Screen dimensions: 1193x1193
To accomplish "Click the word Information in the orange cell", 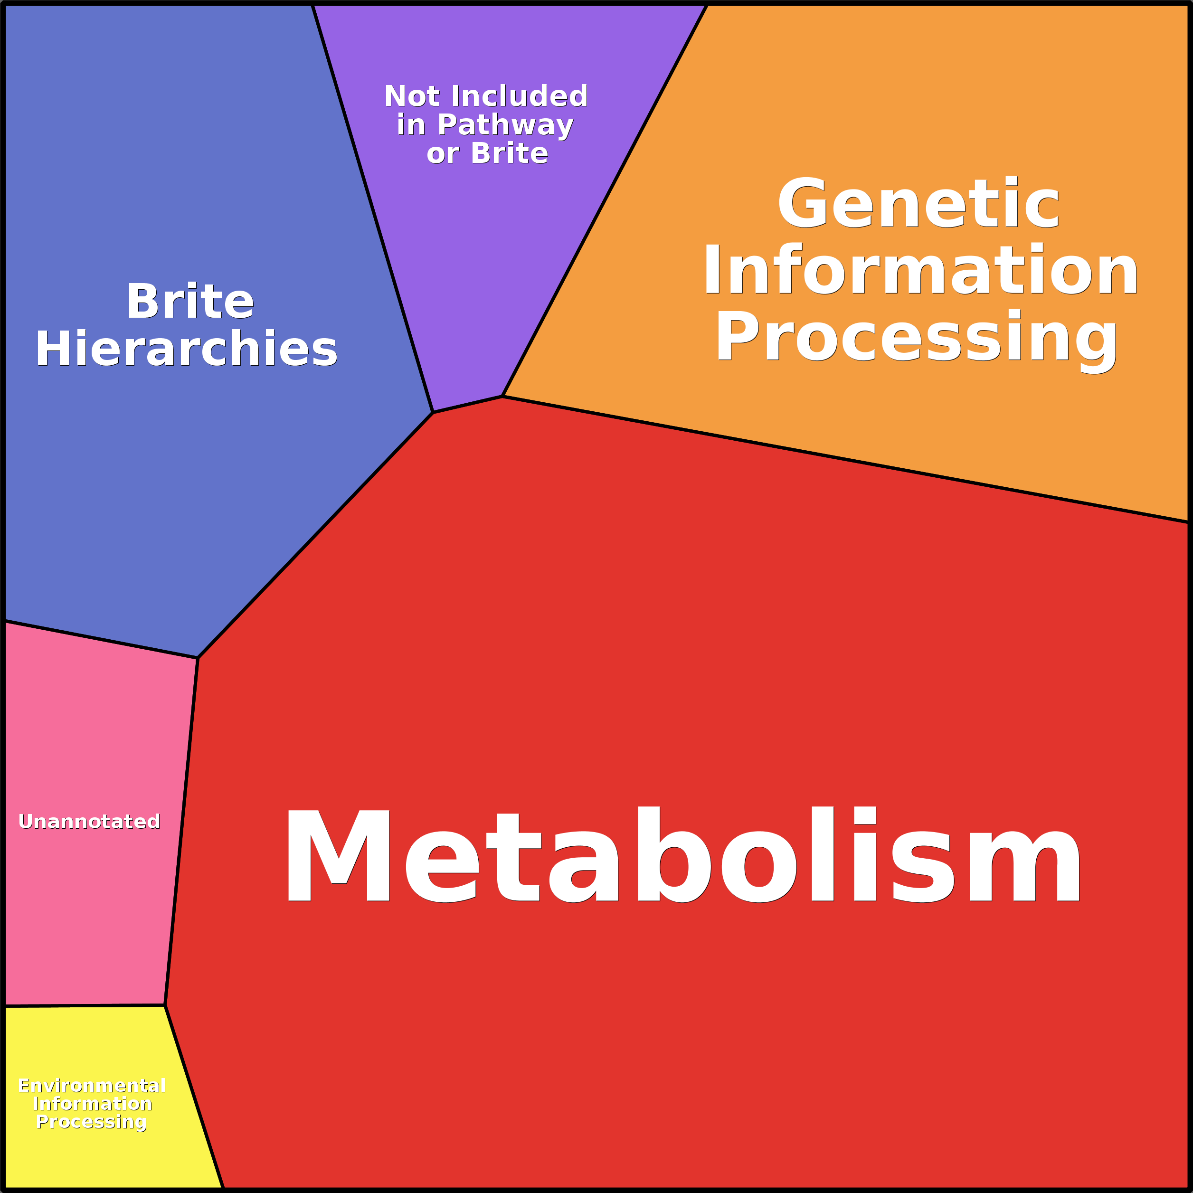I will (x=920, y=270).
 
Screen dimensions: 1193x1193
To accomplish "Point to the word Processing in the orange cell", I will (x=917, y=339).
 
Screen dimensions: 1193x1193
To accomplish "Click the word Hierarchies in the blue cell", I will (x=187, y=349).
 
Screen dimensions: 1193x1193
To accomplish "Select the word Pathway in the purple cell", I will (x=505, y=125).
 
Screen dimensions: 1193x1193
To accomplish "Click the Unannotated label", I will (x=90, y=821).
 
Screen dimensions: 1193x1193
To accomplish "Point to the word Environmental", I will (x=92, y=1086).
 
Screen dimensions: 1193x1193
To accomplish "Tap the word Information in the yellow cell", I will (x=92, y=1103).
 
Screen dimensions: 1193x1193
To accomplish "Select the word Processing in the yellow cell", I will (x=91, y=1121).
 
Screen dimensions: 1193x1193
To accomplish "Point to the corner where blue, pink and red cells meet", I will (x=198, y=658).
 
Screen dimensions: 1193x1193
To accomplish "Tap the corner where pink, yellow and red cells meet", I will (x=165, y=1005).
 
